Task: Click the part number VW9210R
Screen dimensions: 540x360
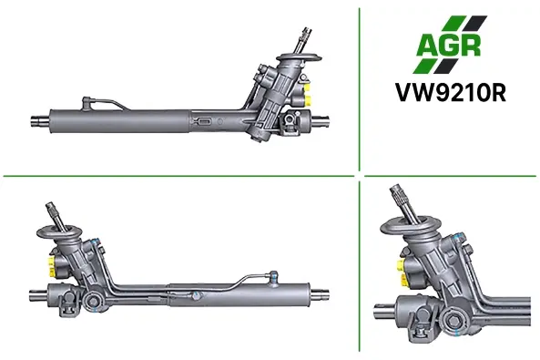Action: pos(451,92)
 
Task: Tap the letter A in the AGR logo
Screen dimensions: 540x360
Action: pos(427,46)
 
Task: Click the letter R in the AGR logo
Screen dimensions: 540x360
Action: pos(470,46)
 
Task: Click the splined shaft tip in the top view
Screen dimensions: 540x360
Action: pos(306,34)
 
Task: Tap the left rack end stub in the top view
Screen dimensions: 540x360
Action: pos(41,120)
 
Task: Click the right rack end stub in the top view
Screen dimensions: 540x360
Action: pos(321,120)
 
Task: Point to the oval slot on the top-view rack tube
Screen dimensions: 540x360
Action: pos(205,122)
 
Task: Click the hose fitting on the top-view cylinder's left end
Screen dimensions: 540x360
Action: pos(87,103)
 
